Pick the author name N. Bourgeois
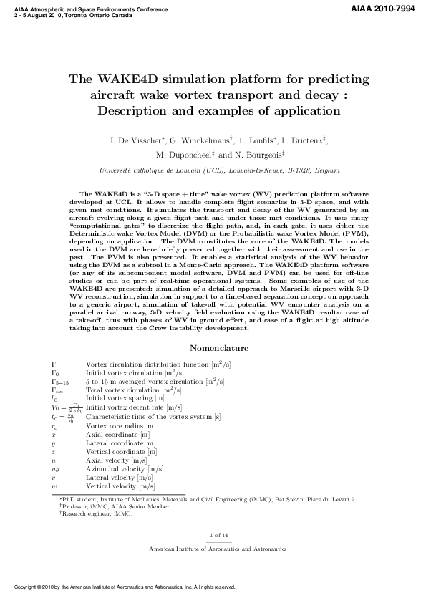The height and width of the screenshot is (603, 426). coord(261,154)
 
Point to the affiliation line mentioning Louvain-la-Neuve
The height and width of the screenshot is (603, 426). coord(213,170)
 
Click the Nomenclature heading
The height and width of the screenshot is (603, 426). coord(218,348)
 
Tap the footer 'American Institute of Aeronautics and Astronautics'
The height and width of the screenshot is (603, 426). coord(217,548)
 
